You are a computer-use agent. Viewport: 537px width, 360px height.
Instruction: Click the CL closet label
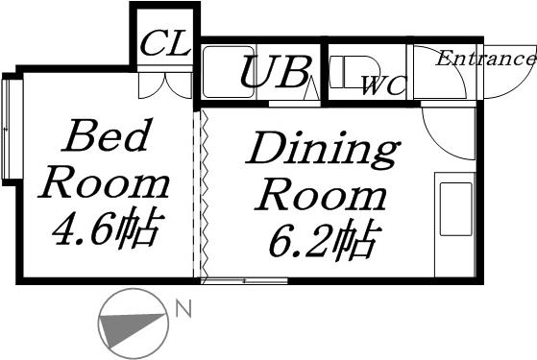[165, 43]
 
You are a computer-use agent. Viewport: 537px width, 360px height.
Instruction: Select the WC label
[383, 86]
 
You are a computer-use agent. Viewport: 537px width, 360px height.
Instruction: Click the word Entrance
[485, 59]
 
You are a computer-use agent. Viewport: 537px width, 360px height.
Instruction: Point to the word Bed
[106, 137]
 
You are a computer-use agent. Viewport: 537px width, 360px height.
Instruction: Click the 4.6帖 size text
[106, 228]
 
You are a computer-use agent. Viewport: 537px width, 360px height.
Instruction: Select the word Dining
[322, 152]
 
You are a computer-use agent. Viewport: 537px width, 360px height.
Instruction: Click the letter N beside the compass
[182, 309]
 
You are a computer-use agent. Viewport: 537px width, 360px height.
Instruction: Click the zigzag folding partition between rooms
[203, 192]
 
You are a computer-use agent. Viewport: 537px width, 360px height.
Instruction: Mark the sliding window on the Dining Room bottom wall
[245, 280]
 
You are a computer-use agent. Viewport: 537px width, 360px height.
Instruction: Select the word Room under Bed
[106, 182]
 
